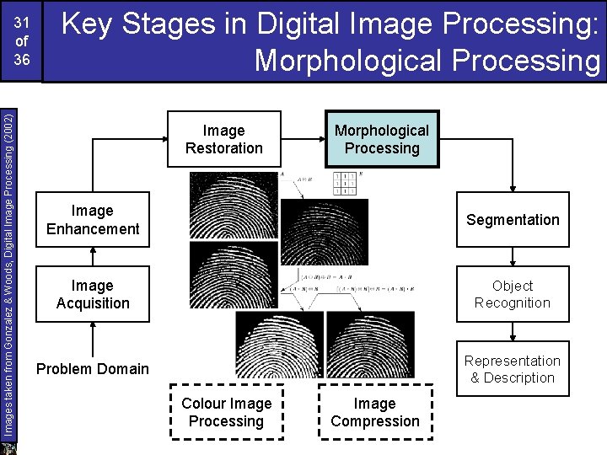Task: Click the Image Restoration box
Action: [x=223, y=139]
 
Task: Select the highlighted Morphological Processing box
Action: [x=382, y=139]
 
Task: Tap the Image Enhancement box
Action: [x=93, y=220]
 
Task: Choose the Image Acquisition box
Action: [x=93, y=295]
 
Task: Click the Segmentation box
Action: [x=513, y=220]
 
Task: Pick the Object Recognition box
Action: [x=513, y=295]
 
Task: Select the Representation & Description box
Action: [x=513, y=369]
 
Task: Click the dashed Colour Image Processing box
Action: [x=227, y=412]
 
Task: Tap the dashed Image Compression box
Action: [x=375, y=412]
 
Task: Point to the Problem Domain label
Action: [x=93, y=369]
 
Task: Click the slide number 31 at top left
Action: [x=22, y=24]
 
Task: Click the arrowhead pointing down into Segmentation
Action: [x=513, y=189]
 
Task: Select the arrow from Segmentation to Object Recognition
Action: [x=513, y=258]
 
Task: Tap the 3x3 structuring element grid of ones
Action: [x=345, y=183]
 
